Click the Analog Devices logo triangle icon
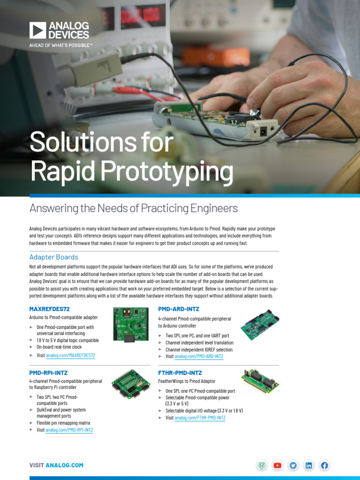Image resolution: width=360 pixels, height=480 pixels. (x=37, y=30)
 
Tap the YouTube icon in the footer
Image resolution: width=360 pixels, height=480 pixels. (x=277, y=465)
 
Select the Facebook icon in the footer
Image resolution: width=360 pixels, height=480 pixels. (x=324, y=465)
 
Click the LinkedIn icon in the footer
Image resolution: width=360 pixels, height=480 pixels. (x=308, y=465)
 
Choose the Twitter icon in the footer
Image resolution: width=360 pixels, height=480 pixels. (x=293, y=465)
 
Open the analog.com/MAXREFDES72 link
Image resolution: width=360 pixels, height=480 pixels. (x=70, y=355)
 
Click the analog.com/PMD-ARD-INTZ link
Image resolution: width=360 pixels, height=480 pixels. (x=199, y=356)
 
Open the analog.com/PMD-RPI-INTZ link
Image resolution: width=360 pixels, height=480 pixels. (x=69, y=430)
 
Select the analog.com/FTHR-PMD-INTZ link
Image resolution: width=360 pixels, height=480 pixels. (x=200, y=418)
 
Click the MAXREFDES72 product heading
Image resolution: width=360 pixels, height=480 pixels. (x=49, y=309)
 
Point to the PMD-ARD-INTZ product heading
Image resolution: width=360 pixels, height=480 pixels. (x=179, y=309)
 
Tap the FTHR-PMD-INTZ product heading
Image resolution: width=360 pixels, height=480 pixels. (x=180, y=373)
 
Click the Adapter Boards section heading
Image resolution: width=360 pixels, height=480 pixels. (x=54, y=257)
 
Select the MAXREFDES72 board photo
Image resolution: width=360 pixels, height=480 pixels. (x=131, y=324)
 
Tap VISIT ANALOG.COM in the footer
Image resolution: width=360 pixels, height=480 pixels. (x=56, y=465)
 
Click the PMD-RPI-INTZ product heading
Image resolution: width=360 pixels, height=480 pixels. (x=49, y=373)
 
